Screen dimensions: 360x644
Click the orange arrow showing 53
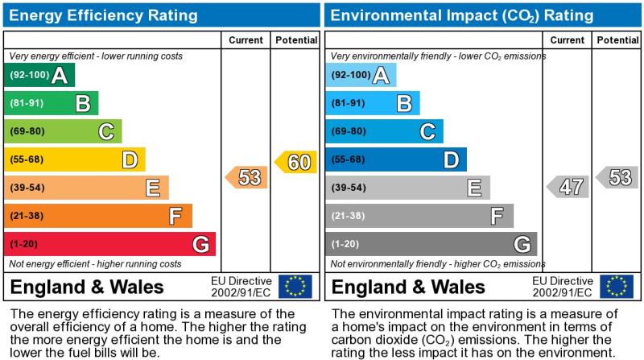(x=247, y=177)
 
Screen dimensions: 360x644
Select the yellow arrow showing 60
(x=296, y=162)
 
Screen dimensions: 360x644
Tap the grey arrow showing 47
(x=568, y=187)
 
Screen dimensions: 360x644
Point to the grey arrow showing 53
(x=617, y=177)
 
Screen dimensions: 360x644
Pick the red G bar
(x=109, y=244)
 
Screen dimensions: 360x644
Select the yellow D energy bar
(x=74, y=159)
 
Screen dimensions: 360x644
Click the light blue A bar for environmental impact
(x=361, y=76)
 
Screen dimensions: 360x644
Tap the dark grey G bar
(x=431, y=244)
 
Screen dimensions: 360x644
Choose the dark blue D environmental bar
(x=395, y=159)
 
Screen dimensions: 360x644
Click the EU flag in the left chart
(x=295, y=287)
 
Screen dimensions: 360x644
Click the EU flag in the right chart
(x=616, y=287)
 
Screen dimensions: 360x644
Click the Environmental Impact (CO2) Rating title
(x=462, y=15)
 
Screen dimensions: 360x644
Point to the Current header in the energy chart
(x=246, y=40)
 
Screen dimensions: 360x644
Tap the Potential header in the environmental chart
(x=617, y=40)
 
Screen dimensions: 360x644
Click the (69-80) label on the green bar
(x=27, y=131)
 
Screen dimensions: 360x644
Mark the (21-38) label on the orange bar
(x=27, y=216)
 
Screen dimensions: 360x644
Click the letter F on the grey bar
(x=497, y=216)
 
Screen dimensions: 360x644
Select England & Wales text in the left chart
(x=88, y=288)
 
